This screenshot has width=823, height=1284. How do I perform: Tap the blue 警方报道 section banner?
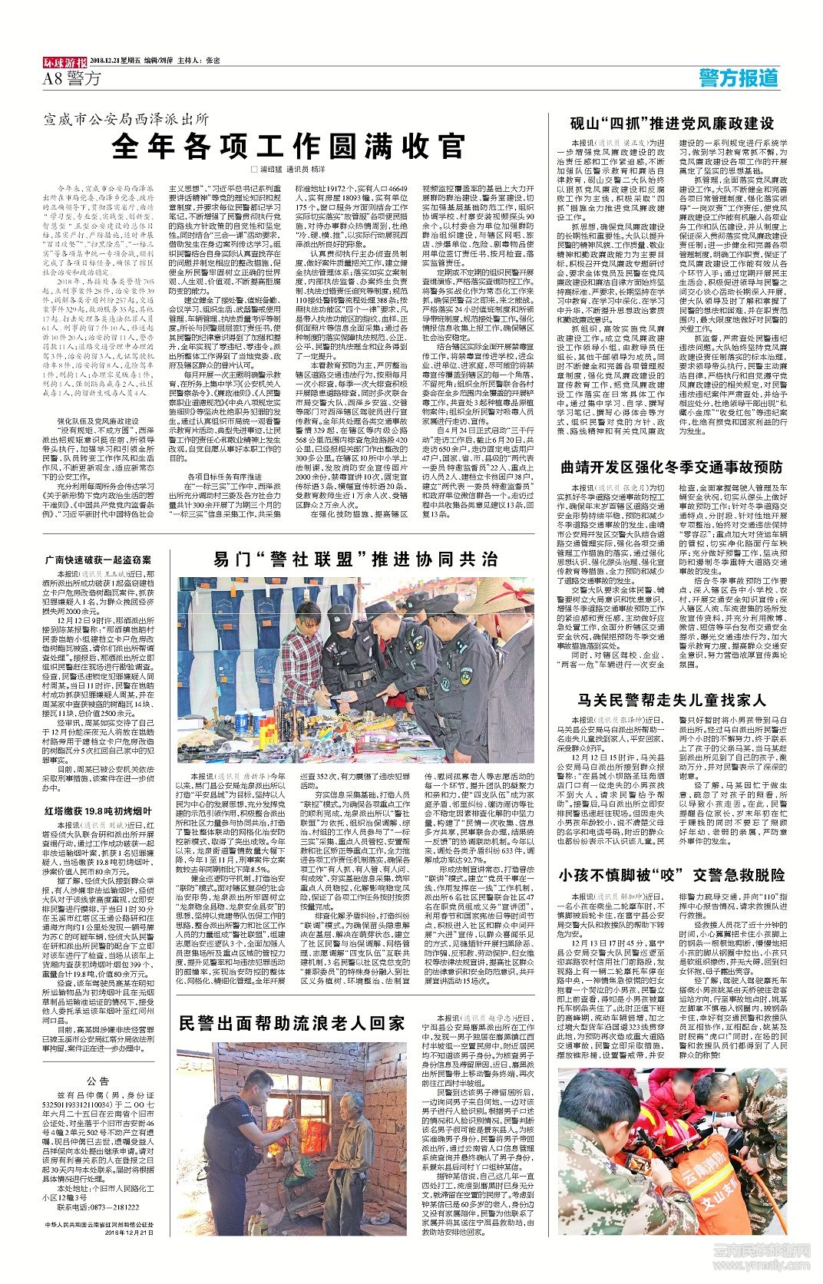pos(738,78)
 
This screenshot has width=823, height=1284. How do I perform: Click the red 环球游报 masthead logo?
pos(64,61)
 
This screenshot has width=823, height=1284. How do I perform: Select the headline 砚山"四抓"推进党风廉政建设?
pos(671,124)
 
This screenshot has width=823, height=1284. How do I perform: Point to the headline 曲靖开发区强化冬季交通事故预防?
pos(671,467)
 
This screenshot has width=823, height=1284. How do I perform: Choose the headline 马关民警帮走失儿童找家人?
pos(671,699)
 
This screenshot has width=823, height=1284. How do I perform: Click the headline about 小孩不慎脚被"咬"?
pos(671,874)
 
